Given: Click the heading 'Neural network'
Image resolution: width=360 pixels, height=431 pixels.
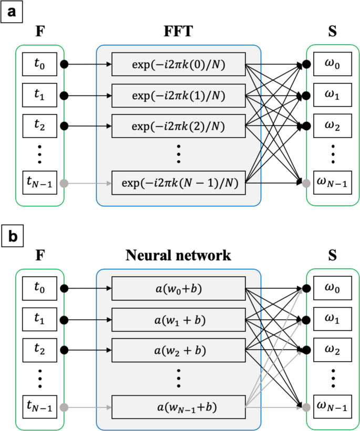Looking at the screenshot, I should click(x=178, y=256).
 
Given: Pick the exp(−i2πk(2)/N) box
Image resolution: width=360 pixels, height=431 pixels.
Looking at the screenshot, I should click(x=178, y=126).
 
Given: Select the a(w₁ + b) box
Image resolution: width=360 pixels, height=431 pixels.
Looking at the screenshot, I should click(x=178, y=319).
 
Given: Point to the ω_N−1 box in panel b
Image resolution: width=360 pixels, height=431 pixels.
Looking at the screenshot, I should click(x=332, y=405).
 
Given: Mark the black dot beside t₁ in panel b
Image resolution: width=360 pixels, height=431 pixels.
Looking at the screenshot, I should click(x=64, y=319).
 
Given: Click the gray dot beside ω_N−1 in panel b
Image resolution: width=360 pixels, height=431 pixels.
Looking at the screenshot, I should click(x=306, y=405).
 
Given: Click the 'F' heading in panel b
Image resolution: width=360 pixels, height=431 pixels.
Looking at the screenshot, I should click(x=39, y=256).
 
